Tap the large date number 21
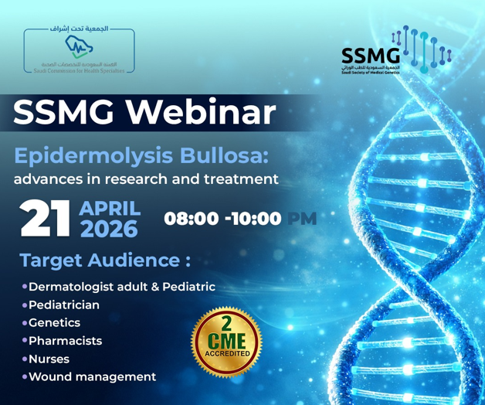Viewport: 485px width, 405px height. click(46, 219)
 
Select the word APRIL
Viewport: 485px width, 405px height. click(110, 208)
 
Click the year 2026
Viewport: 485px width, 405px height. click(109, 230)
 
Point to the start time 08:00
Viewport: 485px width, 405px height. click(191, 219)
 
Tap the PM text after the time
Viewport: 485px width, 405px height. click(302, 219)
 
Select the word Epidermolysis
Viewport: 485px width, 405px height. click(83, 155)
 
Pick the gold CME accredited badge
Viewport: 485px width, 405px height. click(226, 342)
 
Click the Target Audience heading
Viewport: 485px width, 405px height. click(105, 260)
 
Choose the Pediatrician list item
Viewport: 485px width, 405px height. click(64, 305)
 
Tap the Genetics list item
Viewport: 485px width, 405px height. click(54, 323)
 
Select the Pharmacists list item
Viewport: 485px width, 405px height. click(65, 341)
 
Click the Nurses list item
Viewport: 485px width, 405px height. click(49, 359)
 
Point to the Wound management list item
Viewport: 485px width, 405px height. click(92, 377)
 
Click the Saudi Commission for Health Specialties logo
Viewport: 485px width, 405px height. click(79, 52)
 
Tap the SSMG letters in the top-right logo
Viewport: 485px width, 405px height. click(371, 56)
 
